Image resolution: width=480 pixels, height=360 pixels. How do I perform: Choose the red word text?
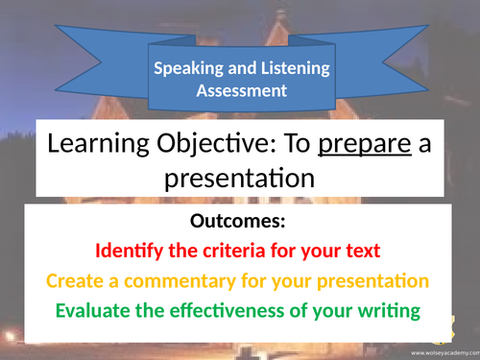357,252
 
